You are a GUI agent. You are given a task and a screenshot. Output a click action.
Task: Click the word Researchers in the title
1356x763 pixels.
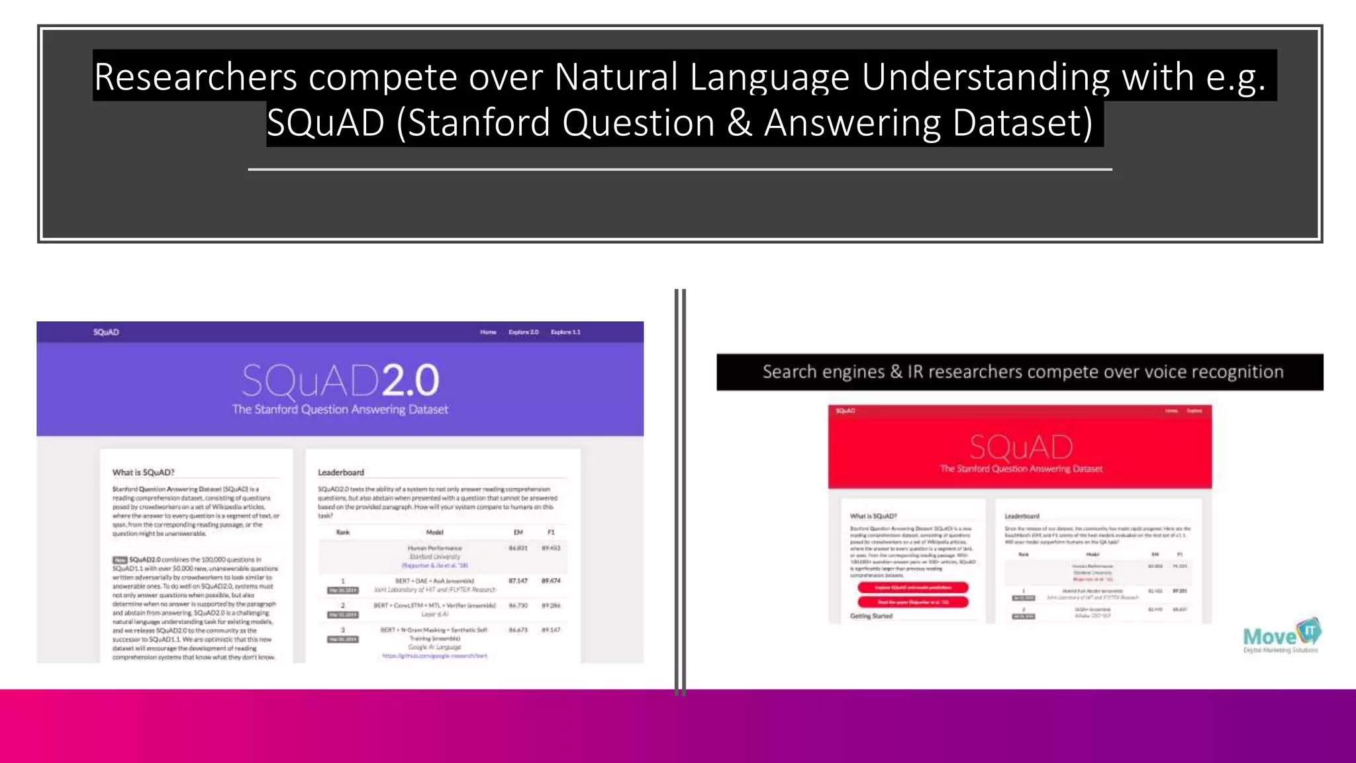(x=195, y=77)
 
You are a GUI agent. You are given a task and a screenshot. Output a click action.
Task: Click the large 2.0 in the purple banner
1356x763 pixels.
(x=410, y=381)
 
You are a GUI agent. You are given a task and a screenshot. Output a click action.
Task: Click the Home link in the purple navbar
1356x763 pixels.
(x=488, y=332)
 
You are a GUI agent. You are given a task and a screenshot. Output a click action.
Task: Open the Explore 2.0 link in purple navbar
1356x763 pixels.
(x=523, y=332)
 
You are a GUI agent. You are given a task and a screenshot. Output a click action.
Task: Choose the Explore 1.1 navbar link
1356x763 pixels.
(x=565, y=332)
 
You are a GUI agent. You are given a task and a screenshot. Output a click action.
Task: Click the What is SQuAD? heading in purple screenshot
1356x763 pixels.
(x=143, y=472)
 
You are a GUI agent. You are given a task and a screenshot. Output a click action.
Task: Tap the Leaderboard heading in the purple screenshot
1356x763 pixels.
(x=340, y=472)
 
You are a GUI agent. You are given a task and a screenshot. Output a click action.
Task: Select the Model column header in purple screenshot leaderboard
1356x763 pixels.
(x=434, y=532)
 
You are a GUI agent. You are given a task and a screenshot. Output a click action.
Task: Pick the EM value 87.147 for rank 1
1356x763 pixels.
(x=518, y=581)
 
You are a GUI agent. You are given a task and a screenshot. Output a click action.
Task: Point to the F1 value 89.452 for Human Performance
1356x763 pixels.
(x=551, y=548)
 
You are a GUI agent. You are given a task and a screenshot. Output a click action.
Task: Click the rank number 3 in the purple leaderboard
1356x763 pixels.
(x=343, y=630)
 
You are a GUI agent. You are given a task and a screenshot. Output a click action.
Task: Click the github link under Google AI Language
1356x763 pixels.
(x=434, y=656)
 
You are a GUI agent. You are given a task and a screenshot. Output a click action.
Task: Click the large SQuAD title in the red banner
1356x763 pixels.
(x=1020, y=447)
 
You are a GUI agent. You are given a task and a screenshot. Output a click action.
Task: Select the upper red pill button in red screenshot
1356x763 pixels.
(x=912, y=587)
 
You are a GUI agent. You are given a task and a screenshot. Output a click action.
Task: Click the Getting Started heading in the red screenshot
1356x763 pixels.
(x=871, y=616)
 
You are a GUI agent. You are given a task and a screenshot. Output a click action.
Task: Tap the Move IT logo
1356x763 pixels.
(x=1281, y=636)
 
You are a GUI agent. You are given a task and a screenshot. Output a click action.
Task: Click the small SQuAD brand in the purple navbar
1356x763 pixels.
(x=106, y=332)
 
